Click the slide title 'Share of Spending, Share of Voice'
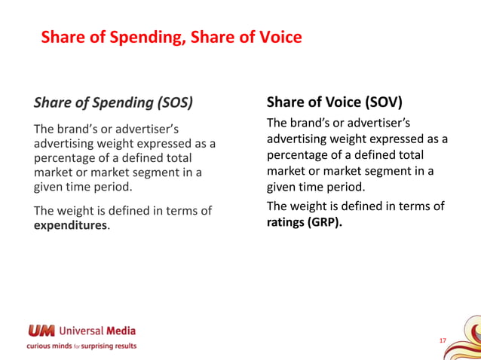[171, 37]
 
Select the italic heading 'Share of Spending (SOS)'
[113, 102]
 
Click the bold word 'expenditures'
[71, 225]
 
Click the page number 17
[443, 341]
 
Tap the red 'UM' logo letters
[41, 330]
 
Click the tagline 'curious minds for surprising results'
[81, 346]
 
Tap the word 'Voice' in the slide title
[281, 37]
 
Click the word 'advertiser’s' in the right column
[386, 124]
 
